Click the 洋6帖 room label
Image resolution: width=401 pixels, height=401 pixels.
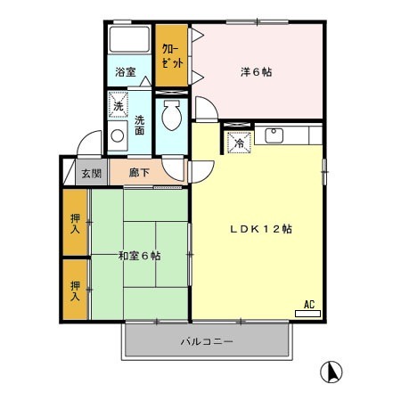[x=255, y=71]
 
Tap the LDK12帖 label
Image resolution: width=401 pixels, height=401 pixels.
[x=256, y=228]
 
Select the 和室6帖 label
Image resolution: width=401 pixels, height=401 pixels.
[x=139, y=256]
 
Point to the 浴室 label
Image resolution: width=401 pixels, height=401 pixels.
[x=125, y=72]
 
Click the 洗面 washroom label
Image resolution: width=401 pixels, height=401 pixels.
[x=140, y=126]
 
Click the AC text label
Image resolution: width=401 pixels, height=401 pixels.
[x=310, y=303]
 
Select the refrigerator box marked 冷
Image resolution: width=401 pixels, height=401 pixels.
[x=239, y=142]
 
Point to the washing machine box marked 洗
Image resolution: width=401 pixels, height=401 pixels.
[x=118, y=106]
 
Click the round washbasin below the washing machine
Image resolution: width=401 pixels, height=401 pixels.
[x=117, y=137]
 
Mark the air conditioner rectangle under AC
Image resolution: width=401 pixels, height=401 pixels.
[x=307, y=313]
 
